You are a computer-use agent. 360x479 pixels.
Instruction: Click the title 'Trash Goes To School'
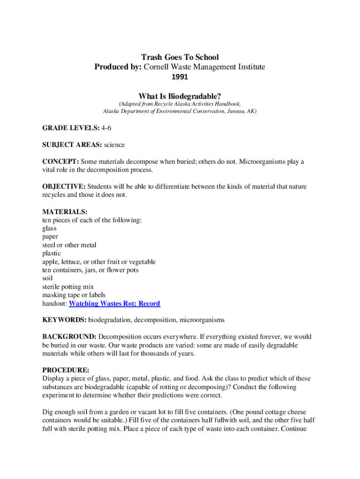point(180,58)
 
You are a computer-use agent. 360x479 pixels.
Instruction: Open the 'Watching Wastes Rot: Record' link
point(115,304)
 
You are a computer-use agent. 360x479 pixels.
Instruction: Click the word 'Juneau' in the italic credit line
point(230,112)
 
